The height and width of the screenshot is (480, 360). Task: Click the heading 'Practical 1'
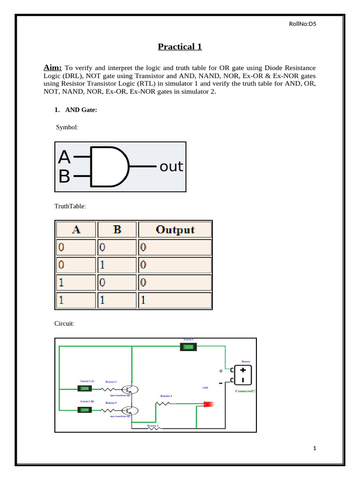[180, 46]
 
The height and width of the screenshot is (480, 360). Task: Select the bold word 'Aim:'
[53, 67]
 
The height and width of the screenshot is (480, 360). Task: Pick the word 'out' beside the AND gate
[171, 166]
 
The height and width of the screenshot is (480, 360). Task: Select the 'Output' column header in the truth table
[175, 230]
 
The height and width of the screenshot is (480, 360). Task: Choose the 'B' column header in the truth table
[117, 230]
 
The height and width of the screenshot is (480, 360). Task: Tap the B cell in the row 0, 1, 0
[117, 265]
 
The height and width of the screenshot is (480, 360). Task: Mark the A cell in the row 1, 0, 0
[76, 283]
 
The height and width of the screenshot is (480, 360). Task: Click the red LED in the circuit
[208, 404]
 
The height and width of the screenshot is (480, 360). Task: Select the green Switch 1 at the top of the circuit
[188, 347]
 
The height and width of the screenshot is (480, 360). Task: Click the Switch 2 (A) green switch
[84, 389]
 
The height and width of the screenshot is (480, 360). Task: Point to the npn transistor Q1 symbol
[130, 389]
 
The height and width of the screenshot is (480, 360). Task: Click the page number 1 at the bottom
[315, 449]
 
